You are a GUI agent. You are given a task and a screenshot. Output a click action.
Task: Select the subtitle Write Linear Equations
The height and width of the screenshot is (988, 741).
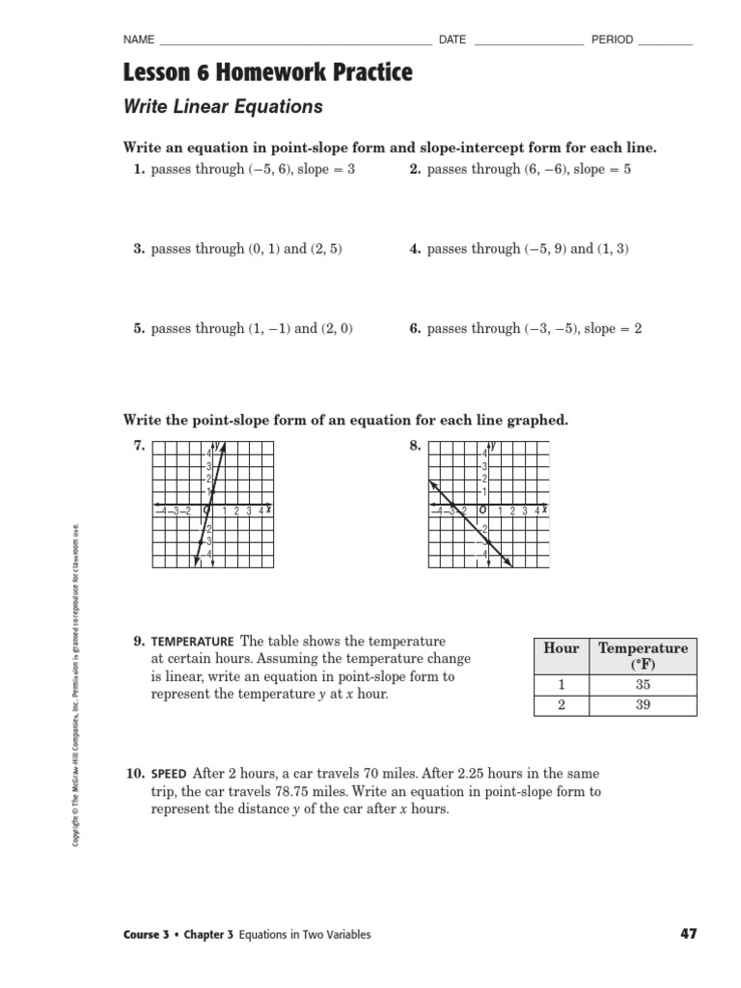coord(223,106)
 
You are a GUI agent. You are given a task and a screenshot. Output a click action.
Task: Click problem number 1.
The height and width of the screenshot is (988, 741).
coord(139,169)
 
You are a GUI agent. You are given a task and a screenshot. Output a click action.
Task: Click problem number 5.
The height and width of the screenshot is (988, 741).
coord(139,329)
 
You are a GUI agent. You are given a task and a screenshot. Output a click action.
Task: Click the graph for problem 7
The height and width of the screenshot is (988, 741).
coord(212,505)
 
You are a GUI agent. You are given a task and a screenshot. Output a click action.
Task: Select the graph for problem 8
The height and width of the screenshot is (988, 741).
coord(488,505)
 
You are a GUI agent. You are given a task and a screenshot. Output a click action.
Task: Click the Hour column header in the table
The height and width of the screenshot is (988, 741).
coord(561,648)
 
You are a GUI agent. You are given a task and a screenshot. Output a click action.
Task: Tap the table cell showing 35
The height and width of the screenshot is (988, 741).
coord(643,684)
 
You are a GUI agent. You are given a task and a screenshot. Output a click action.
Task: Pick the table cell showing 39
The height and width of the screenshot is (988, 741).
coord(643,705)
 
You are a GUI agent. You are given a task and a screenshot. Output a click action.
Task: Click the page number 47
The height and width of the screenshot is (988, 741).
coord(687,934)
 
